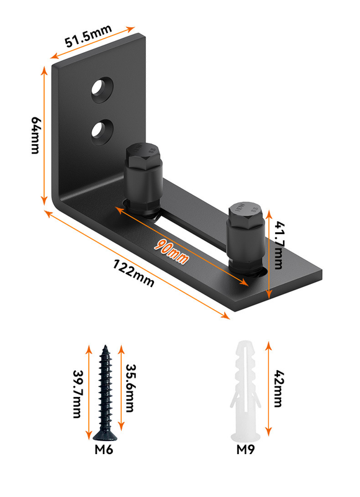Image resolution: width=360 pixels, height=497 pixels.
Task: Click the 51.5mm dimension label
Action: (x=88, y=35)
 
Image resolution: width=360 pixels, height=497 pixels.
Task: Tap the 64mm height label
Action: (x=36, y=135)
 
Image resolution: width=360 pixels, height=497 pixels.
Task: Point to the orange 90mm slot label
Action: (x=171, y=252)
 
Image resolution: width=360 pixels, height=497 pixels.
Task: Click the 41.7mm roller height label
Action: (x=279, y=245)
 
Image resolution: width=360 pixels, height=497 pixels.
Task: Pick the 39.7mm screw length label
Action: (x=78, y=394)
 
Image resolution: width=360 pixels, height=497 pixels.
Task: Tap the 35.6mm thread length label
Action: (x=130, y=388)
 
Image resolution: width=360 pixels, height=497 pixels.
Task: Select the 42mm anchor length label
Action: (x=277, y=389)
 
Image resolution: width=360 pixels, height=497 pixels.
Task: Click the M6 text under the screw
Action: (x=104, y=450)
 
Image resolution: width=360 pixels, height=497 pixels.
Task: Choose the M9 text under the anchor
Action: (x=245, y=450)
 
